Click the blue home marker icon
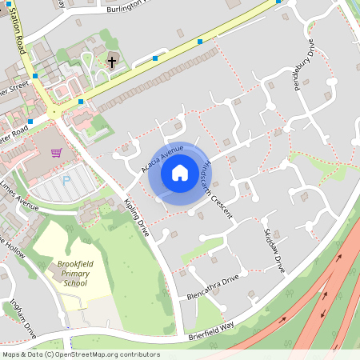(180, 172)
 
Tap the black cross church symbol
(111, 61)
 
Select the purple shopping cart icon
(56, 152)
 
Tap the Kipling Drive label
(137, 218)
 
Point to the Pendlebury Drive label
(307, 65)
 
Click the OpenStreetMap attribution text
(81, 354)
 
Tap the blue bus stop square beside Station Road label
(35, 75)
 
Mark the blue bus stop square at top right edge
(278, 2)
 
